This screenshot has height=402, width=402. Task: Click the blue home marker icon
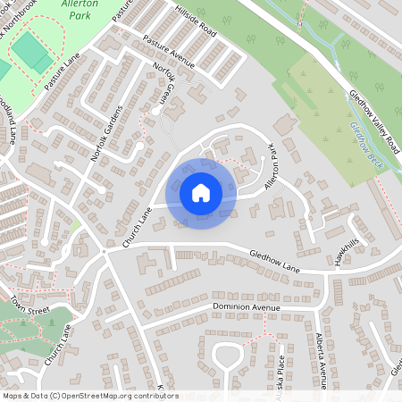pyautogui.click(x=200, y=193)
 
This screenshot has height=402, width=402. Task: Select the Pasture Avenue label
pyautogui.click(x=169, y=51)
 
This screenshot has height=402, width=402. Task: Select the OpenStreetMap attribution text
pyautogui.click(x=89, y=396)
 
